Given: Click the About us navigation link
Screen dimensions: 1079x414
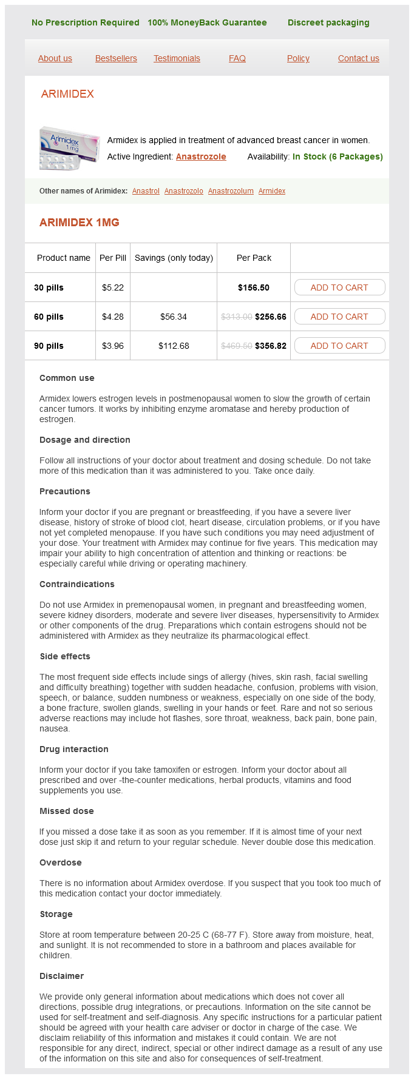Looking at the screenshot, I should pos(55,58).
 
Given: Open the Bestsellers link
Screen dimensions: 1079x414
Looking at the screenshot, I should pos(116,58).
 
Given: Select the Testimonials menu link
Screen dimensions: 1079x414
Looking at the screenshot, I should pos(177,58).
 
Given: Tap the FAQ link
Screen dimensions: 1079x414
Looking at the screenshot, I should pos(237,58).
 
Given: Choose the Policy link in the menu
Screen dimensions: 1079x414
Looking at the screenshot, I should pos(298,58).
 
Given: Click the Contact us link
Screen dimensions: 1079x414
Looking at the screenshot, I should pos(358,58).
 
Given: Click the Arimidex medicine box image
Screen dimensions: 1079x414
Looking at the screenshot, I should pos(69,148).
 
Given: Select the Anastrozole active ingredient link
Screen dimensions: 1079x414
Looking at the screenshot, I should pos(201,156).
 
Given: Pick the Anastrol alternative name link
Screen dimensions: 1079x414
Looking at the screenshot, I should pos(146,191).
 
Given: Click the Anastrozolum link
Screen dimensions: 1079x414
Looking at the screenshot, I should pos(231,191).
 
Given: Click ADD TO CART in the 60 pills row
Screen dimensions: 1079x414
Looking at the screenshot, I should pos(339,317).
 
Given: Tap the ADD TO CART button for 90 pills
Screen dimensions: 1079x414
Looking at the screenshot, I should pos(339,346).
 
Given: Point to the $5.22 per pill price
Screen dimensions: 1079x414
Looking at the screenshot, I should pos(113,287).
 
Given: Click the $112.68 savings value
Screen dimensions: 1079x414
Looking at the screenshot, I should pos(174,346).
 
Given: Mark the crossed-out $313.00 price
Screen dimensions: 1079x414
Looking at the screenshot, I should pos(237,317).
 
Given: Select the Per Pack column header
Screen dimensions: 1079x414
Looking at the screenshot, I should pos(254,258).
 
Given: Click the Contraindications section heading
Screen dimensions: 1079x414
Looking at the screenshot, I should pos(77,584).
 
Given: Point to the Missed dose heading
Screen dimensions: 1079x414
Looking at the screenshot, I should pos(67,811).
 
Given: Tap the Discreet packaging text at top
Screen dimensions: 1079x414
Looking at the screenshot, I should pos(328,22).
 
